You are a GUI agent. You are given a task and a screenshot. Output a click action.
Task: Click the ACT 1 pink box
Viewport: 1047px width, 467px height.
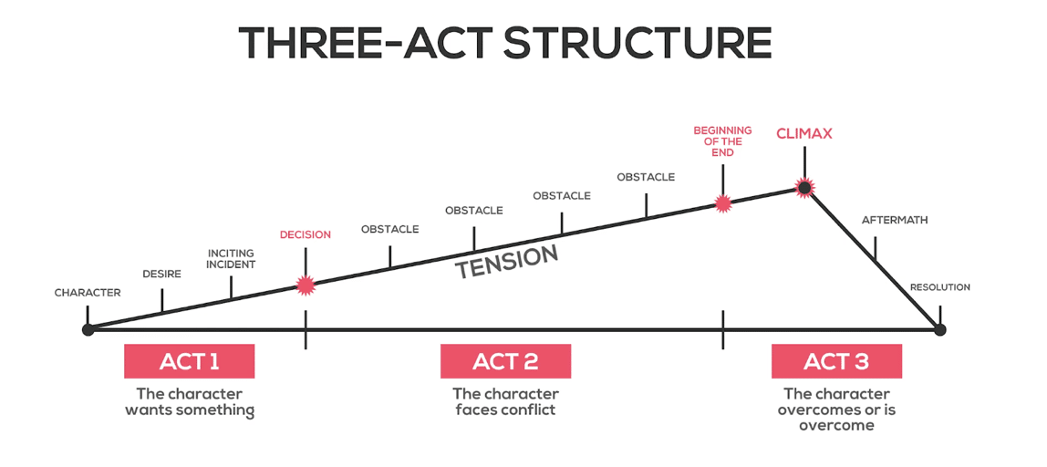coord(189,361)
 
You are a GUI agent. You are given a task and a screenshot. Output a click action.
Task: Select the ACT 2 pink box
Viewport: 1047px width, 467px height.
coord(505,361)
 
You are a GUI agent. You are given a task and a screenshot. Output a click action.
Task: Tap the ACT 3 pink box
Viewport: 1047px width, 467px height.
coord(836,361)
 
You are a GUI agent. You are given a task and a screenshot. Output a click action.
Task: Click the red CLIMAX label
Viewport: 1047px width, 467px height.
coord(804,133)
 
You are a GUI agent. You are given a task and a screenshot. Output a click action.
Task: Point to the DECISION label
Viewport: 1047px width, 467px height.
coord(306,234)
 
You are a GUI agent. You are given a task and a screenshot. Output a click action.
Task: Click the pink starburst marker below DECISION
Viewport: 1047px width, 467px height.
coord(306,285)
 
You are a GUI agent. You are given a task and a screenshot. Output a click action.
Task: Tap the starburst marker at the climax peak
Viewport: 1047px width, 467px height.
coord(804,189)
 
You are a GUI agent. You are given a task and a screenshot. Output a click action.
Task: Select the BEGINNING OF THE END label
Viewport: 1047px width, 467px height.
coord(722,141)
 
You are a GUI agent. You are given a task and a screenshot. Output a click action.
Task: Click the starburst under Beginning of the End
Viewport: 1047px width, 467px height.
coord(722,203)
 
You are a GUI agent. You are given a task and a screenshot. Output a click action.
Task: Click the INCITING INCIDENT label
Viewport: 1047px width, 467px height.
coord(231,258)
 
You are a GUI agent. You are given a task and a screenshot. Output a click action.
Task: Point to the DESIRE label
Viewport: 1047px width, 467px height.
coord(162,274)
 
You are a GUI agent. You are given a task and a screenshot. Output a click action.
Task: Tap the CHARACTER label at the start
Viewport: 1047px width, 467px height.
coord(88,293)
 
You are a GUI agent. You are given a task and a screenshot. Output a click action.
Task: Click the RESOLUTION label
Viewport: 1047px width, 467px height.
coord(940,287)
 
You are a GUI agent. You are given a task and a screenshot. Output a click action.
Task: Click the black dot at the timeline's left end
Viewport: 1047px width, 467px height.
coord(88,329)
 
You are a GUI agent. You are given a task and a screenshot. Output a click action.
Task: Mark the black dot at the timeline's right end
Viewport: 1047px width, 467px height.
coord(940,329)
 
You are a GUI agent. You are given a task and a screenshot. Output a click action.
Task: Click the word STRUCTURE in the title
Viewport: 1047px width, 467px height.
coord(638,44)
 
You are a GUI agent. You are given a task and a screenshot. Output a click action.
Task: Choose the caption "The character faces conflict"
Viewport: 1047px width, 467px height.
coord(505,400)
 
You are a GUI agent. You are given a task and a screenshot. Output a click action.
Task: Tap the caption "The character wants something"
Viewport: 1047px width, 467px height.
coord(190,400)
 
